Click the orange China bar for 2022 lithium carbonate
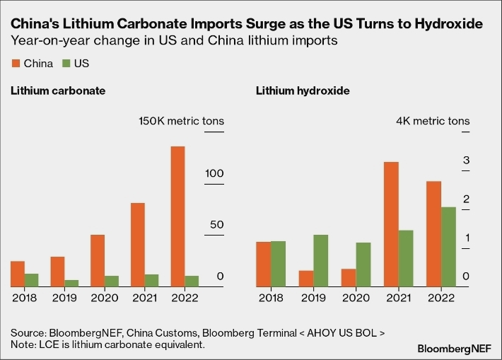click(177, 216)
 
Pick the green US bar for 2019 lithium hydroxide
click(320, 260)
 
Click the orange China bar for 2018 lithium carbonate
click(17, 274)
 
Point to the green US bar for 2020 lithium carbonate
click(112, 281)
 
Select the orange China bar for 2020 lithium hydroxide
click(348, 277)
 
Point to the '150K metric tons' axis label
click(180, 121)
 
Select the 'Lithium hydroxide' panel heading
click(303, 91)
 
